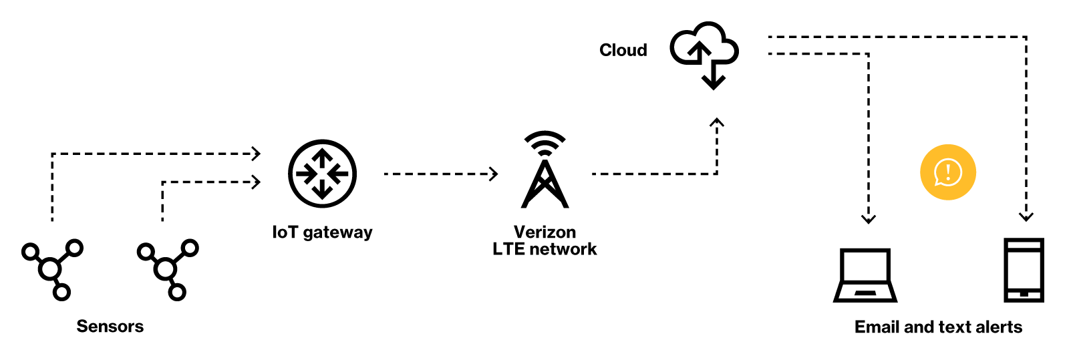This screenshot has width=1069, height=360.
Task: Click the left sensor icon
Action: coord(51,269)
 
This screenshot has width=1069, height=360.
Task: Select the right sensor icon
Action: coord(167,269)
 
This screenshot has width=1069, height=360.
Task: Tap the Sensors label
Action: coord(110,327)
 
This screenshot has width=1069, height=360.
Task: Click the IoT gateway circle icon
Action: coord(322,174)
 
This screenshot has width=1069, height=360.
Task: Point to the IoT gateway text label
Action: coord(322,232)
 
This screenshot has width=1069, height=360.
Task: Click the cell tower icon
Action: coord(545,171)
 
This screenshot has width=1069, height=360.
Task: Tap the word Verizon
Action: coord(545,232)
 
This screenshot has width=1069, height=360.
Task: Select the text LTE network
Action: coord(545,249)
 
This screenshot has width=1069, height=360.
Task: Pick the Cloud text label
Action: coord(623,50)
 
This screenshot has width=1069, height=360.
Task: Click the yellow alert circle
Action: coord(947,172)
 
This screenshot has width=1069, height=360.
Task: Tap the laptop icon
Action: coord(865,275)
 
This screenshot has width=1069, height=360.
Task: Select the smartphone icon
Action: coord(1024,270)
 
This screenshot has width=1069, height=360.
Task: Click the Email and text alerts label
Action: coord(938,327)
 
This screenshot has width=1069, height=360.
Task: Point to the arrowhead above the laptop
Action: coord(868,218)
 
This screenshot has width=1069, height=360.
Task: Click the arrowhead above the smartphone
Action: coord(1026,216)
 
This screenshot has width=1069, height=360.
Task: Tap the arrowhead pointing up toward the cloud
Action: coord(717,123)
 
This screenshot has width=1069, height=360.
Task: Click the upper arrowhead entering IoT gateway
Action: coord(256,154)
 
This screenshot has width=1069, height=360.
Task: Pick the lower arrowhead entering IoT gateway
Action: coord(256,182)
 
